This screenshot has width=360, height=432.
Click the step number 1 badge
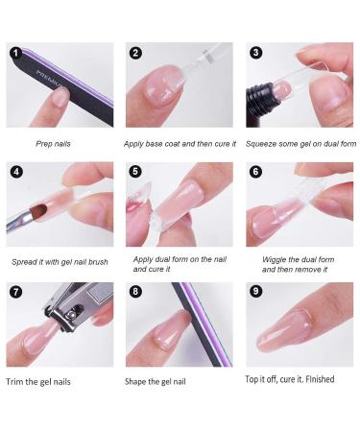pyautogui.click(x=16, y=53)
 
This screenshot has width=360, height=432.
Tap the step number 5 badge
pyautogui.click(x=135, y=172)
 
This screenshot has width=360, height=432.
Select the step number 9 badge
pyautogui.click(x=255, y=291)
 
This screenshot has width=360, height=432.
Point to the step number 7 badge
pyautogui.click(x=16, y=292)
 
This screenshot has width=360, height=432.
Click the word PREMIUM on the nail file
pyautogui.click(x=49, y=79)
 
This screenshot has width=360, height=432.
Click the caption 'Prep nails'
pyautogui.click(x=53, y=144)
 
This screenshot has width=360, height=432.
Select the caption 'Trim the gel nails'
pyautogui.click(x=38, y=382)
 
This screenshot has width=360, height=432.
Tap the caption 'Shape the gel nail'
pyautogui.click(x=156, y=381)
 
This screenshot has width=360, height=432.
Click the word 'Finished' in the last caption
pyautogui.click(x=320, y=379)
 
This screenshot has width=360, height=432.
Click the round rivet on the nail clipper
pyautogui.click(x=70, y=315)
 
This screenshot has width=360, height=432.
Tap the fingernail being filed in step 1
pyautogui.click(x=60, y=96)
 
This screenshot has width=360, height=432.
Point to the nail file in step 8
pyautogui.click(x=201, y=324)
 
